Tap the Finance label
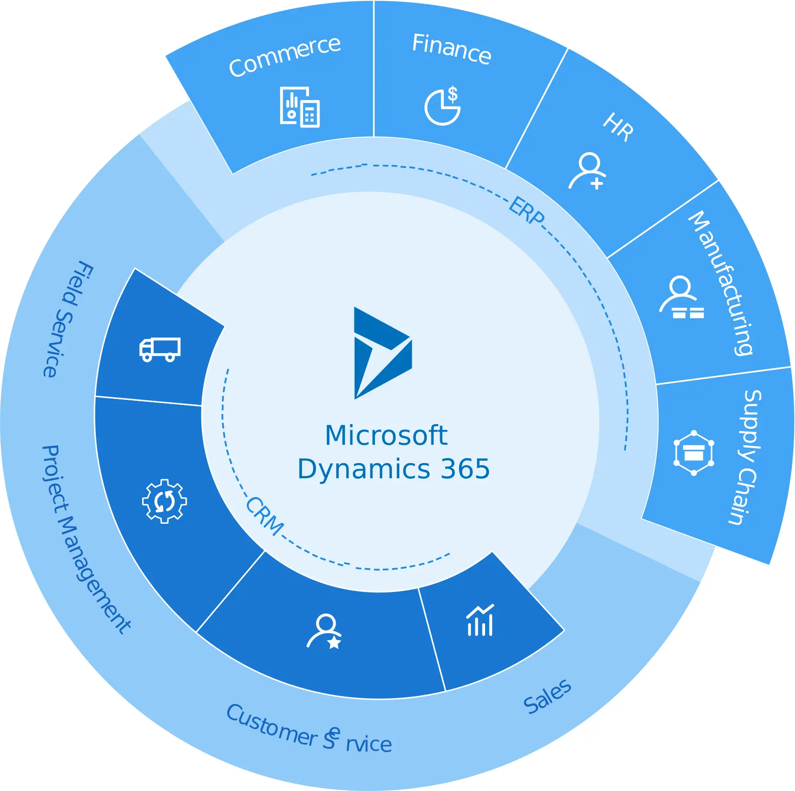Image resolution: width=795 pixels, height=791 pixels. pyautogui.click(x=452, y=49)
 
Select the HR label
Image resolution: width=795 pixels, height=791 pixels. pyautogui.click(x=618, y=127)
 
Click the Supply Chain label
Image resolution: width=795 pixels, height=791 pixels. pyautogui.click(x=746, y=457)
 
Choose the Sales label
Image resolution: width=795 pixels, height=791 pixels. pyautogui.click(x=547, y=696)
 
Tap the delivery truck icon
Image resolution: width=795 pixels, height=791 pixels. pyautogui.click(x=160, y=350)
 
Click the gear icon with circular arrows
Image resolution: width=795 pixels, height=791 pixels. pyautogui.click(x=165, y=501)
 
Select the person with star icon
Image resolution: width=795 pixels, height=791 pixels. pyautogui.click(x=325, y=631)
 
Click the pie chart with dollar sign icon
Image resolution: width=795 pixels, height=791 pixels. pyautogui.click(x=443, y=106)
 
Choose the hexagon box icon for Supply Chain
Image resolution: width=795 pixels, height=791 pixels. pyautogui.click(x=694, y=453)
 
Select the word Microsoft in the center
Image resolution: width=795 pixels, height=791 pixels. pyautogui.click(x=386, y=435)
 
